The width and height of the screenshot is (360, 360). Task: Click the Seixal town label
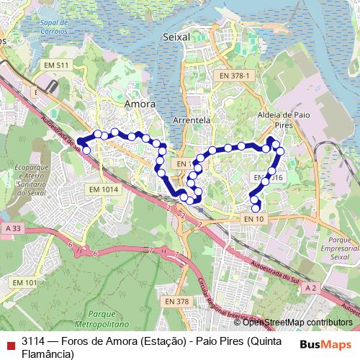(x=176, y=36)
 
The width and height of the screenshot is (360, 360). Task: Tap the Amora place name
(x=140, y=104)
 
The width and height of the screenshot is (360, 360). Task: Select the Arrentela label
(x=192, y=121)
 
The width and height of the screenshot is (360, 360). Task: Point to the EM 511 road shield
(x=55, y=66)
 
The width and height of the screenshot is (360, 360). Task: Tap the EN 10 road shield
(x=254, y=218)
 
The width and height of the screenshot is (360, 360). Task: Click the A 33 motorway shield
(x=12, y=228)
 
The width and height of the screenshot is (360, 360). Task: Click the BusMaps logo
(x=325, y=344)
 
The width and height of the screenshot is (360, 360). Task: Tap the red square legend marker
(x=9, y=342)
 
